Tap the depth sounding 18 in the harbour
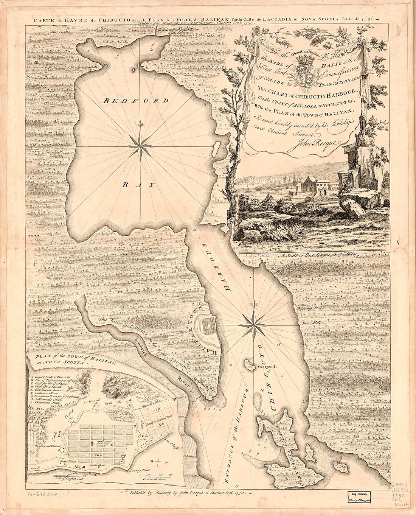[x=279, y=344]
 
